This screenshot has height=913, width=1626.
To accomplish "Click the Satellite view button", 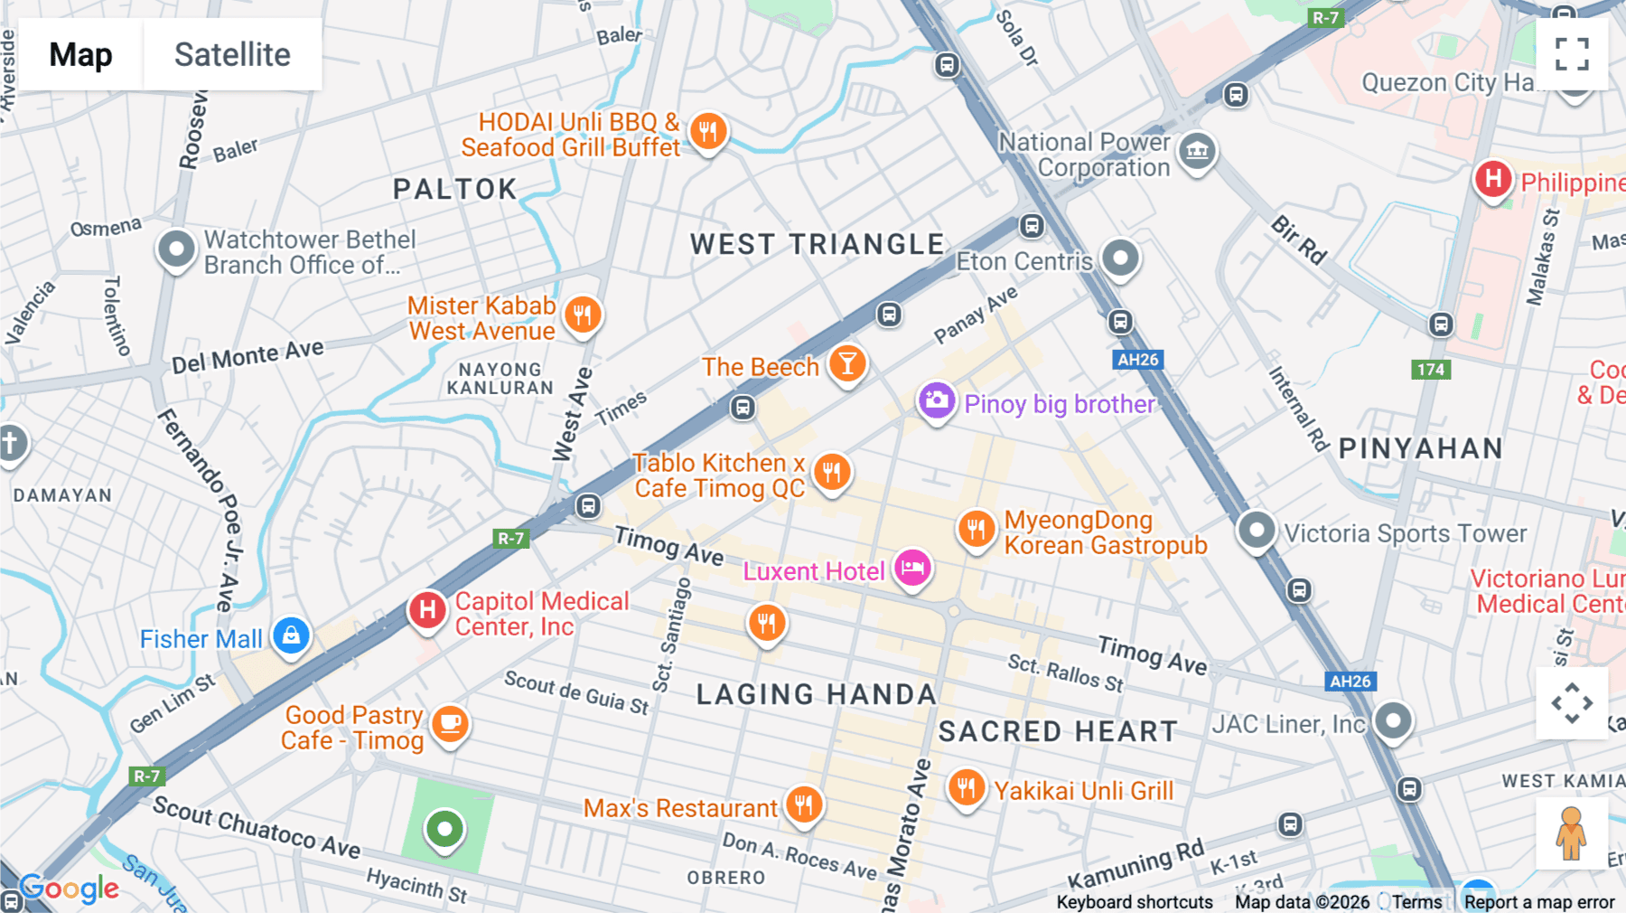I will (x=232, y=54).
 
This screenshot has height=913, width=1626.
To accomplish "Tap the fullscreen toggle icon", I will (x=1572, y=54).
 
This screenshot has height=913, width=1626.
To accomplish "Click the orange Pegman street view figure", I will (x=1571, y=833).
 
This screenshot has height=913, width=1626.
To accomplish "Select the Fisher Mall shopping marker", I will (x=291, y=636).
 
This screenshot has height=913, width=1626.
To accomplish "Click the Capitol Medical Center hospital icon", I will (x=428, y=610).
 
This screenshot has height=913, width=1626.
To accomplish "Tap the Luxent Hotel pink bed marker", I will (x=912, y=569).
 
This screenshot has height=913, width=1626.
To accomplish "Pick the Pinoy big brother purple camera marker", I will (x=937, y=400).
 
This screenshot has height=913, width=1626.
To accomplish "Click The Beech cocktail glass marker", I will (x=847, y=363).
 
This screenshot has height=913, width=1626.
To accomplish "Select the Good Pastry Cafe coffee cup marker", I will (x=450, y=724).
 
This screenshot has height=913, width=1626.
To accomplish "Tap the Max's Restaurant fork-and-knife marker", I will (x=803, y=803).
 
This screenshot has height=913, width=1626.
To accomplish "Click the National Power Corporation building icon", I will (x=1198, y=151).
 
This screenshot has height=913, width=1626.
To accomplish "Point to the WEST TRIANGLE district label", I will (x=818, y=244).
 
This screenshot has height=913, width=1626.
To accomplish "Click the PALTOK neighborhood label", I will (x=455, y=189).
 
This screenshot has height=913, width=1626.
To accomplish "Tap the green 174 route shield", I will (x=1430, y=369).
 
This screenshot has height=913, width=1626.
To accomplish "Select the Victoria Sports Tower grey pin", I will (x=1256, y=530).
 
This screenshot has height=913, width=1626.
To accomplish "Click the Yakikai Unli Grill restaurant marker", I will (x=967, y=788).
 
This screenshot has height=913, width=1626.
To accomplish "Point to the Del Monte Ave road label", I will (x=248, y=356).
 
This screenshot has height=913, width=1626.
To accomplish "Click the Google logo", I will (x=70, y=889).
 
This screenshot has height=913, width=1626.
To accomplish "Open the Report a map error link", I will (x=1538, y=902).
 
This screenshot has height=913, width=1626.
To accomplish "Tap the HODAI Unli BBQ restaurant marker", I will (x=708, y=131).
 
